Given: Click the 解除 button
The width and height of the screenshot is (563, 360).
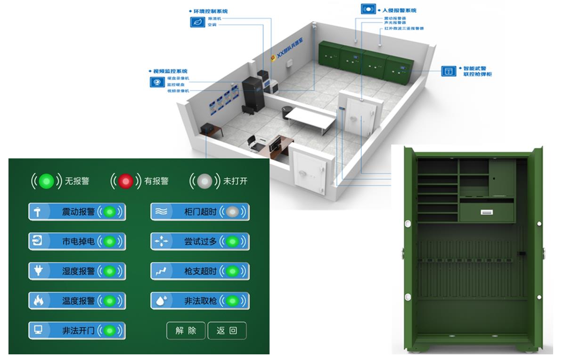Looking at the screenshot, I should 186,331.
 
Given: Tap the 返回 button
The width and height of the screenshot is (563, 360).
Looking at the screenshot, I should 227,331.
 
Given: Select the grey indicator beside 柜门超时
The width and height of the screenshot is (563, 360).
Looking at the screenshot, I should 232,212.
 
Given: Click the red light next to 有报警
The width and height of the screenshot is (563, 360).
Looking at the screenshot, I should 125,181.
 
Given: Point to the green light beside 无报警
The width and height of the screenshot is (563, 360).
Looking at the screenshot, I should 46,181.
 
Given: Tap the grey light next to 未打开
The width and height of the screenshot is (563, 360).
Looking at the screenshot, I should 204,181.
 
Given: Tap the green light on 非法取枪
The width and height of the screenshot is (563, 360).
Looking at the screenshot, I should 232,301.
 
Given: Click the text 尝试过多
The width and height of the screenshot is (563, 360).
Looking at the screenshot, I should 200,242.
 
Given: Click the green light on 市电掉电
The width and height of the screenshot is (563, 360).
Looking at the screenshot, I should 109,242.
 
